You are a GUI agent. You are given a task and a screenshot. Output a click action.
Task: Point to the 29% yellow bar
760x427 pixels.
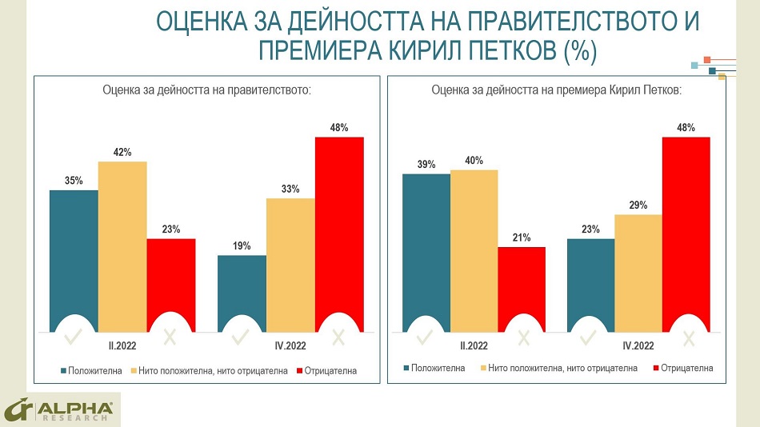638,272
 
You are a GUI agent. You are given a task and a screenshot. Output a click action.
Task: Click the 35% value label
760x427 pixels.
74,181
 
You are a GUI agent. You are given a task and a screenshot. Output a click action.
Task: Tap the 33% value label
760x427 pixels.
290,190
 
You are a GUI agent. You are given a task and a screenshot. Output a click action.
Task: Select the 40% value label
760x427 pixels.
474,161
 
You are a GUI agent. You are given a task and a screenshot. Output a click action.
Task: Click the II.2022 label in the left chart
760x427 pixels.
122,346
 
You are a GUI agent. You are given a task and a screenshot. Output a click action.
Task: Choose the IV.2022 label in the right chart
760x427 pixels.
638,346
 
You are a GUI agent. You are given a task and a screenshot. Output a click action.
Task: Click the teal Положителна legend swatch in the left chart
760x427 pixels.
62,370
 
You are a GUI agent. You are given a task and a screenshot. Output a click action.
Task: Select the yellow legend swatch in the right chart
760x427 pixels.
484,368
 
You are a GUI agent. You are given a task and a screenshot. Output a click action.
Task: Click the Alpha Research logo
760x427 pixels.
60,409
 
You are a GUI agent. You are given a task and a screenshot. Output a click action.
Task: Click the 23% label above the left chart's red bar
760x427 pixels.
171,229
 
